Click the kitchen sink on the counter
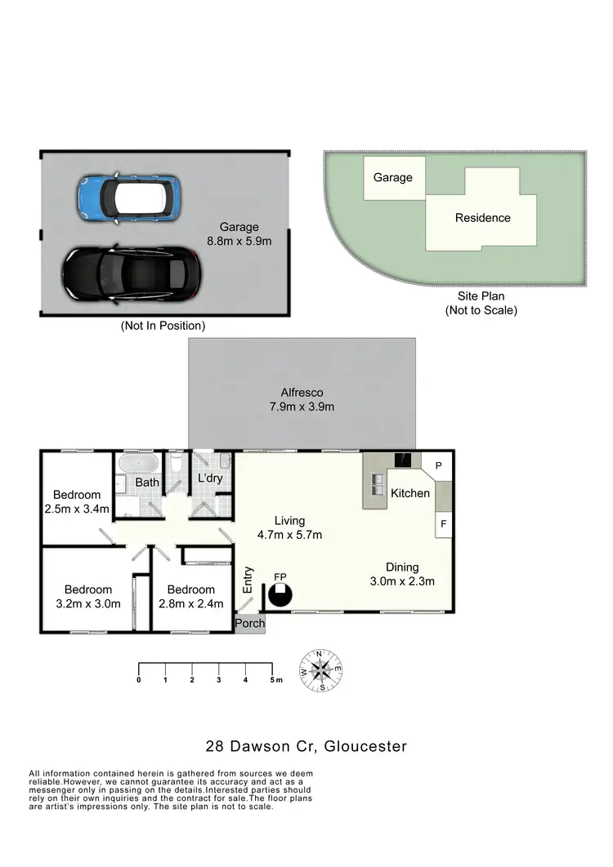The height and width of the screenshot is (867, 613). [x=378, y=483]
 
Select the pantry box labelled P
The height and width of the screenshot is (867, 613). [x=438, y=465]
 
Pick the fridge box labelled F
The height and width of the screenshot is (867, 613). [x=443, y=523]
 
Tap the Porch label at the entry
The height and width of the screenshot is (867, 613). [x=249, y=623]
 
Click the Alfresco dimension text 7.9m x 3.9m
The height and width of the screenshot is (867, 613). [x=302, y=407]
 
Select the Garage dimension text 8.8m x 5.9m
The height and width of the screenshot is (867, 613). [x=239, y=241]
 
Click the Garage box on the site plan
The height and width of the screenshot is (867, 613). [x=393, y=177]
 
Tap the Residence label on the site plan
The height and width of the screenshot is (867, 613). [x=482, y=218]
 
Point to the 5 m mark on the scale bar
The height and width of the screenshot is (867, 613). [x=273, y=679]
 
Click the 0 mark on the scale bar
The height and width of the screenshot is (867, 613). [x=139, y=679]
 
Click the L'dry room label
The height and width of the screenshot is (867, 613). [x=210, y=478]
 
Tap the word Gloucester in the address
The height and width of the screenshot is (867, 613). [x=365, y=745]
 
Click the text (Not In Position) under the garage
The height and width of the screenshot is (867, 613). [x=163, y=325]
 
